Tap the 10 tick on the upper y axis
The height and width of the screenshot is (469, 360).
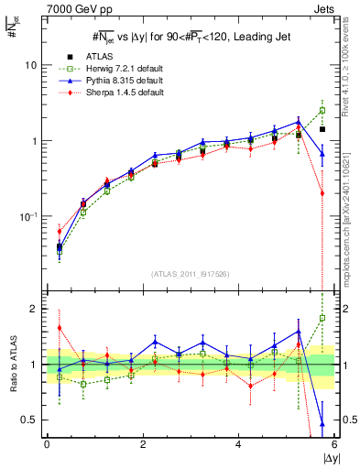tap(31, 66)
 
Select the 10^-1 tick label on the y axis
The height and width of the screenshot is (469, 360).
tap(28, 216)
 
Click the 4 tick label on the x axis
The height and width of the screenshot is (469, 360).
tap(239, 443)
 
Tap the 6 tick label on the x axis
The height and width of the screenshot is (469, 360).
tap(334, 443)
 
